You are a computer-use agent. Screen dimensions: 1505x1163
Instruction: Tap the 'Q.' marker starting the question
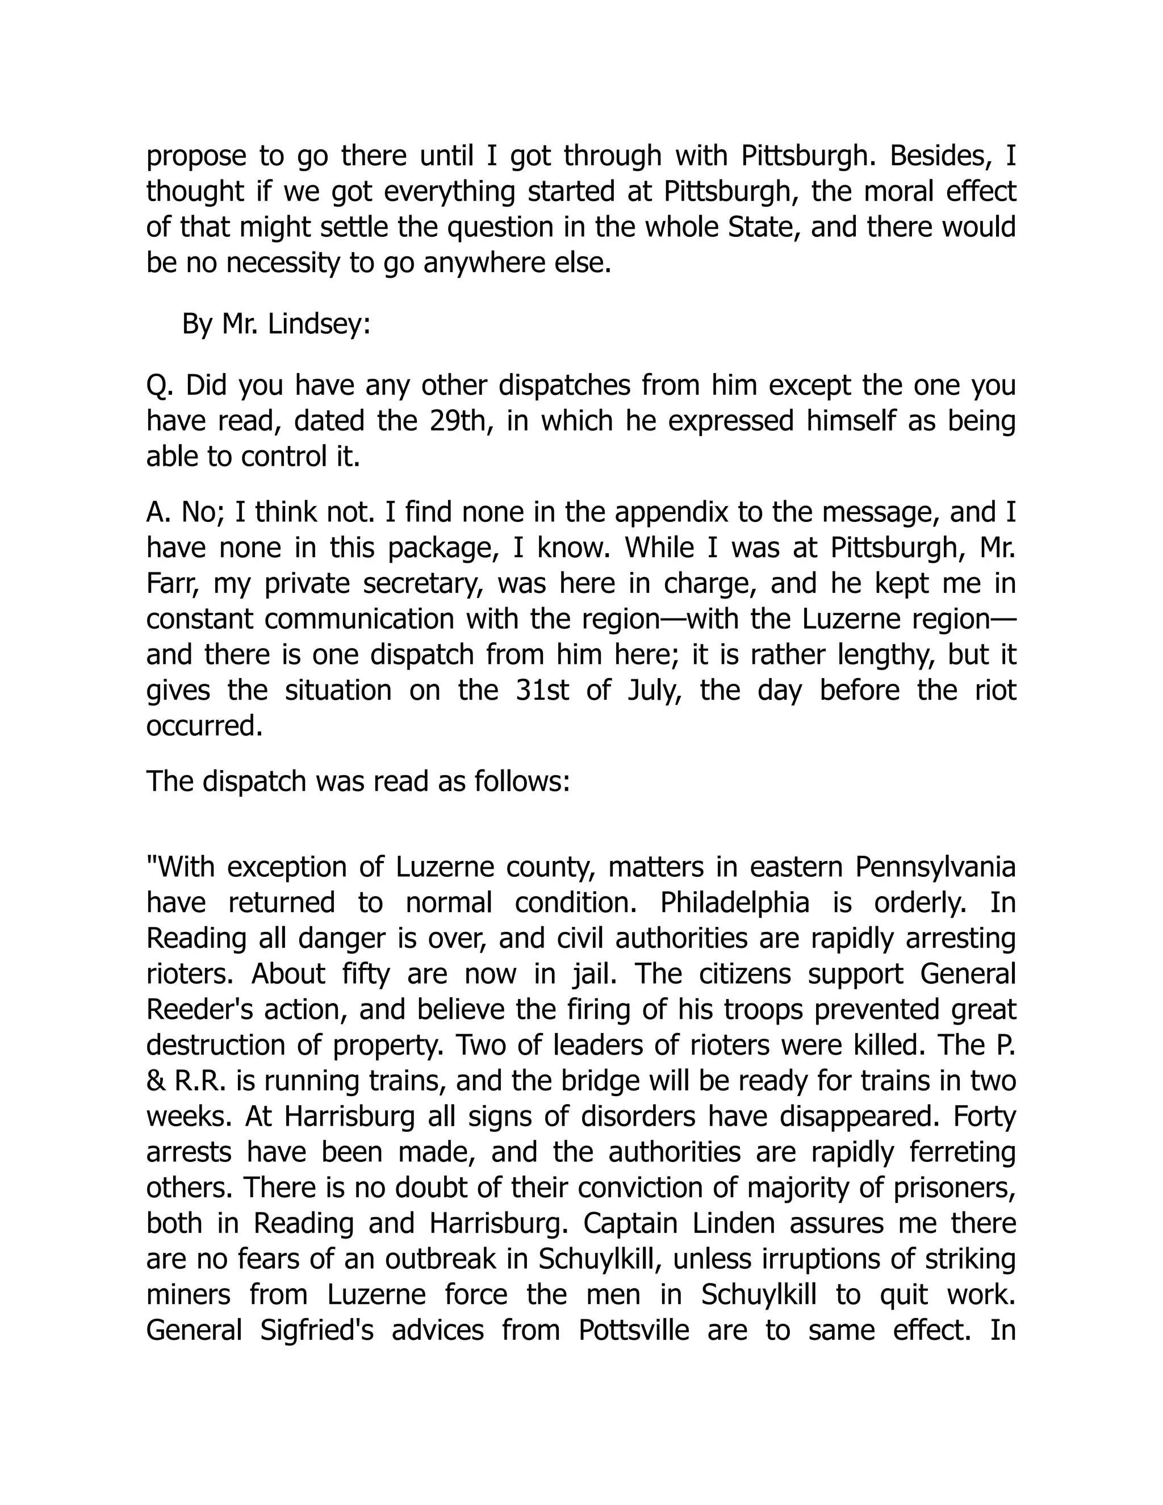(x=158, y=385)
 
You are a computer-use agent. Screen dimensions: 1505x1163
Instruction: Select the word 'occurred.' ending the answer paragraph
(x=204, y=726)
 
